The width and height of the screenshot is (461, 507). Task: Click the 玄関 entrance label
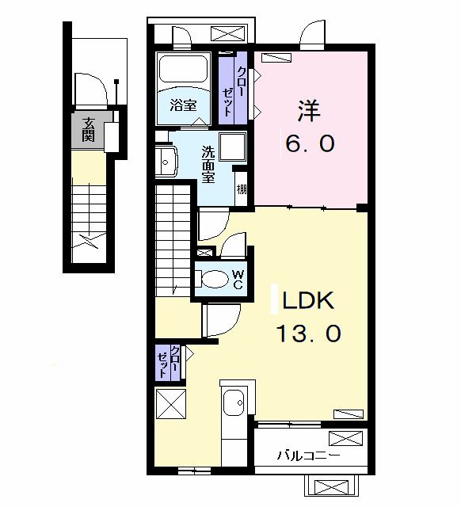[x=88, y=129]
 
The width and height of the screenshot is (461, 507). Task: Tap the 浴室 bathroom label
[x=184, y=105]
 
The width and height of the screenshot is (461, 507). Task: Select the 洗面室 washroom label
[x=208, y=165]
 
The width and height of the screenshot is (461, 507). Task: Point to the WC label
[x=238, y=280]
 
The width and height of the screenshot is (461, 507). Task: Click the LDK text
[x=308, y=300]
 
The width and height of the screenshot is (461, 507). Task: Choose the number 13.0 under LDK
[x=309, y=334]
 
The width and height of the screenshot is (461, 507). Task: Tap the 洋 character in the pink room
[x=309, y=111]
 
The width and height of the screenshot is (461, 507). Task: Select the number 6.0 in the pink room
[x=310, y=143]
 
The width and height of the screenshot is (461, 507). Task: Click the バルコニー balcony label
[x=308, y=456]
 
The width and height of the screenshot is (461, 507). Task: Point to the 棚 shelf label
[x=242, y=189]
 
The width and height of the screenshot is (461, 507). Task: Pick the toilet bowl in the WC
[x=212, y=279]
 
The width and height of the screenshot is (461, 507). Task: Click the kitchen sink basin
[x=234, y=403]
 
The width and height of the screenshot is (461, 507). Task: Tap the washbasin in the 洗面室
[x=166, y=162]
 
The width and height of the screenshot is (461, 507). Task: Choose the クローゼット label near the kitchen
[x=168, y=362]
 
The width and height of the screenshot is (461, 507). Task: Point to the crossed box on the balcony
[x=345, y=438]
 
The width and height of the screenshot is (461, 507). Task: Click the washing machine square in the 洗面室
[x=232, y=147]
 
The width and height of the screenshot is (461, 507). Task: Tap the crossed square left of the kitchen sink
[x=170, y=404]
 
